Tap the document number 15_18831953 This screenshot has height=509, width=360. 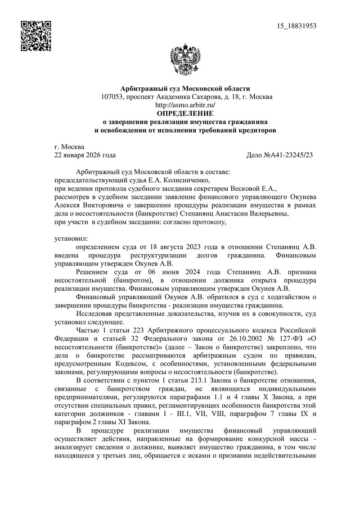(297, 25)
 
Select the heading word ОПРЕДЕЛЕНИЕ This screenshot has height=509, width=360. (184, 113)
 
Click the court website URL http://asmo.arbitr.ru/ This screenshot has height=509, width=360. (184, 105)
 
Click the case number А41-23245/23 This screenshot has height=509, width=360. (290, 155)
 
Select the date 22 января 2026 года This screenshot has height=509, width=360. (85, 155)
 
